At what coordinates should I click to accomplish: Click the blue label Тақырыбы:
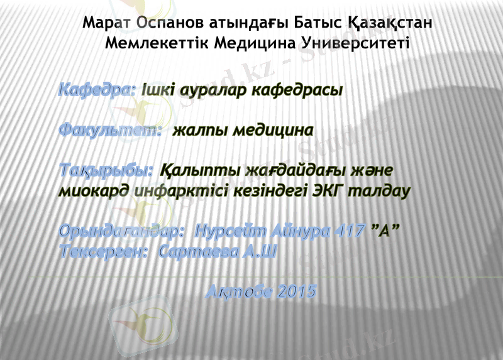point(106,171)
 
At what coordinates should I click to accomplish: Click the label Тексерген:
point(104,251)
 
